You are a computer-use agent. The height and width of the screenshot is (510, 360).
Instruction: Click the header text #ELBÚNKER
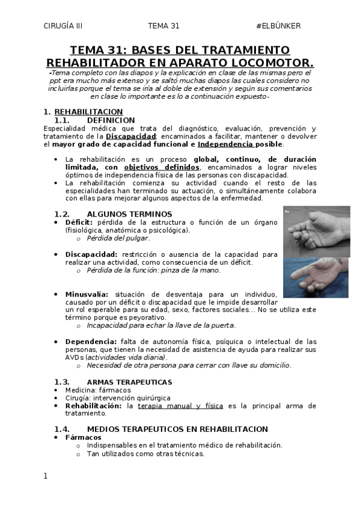click(278, 26)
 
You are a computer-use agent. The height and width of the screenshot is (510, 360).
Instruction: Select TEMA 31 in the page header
click(163, 26)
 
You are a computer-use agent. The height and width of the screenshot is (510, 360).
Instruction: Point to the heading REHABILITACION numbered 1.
click(88, 112)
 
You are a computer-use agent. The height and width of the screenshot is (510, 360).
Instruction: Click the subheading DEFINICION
click(111, 120)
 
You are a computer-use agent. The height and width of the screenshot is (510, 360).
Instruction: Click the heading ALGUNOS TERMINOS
click(129, 214)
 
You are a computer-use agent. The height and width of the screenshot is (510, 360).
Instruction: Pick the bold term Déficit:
click(79, 223)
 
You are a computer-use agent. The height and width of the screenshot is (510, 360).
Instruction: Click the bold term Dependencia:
click(91, 342)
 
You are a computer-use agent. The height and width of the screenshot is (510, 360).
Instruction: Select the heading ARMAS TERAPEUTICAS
click(129, 382)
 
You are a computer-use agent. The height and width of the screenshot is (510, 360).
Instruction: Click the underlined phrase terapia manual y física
click(180, 406)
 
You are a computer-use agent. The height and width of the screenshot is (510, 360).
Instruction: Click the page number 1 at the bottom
click(45, 476)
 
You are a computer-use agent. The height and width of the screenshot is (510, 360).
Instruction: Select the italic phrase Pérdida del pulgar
click(118, 238)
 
